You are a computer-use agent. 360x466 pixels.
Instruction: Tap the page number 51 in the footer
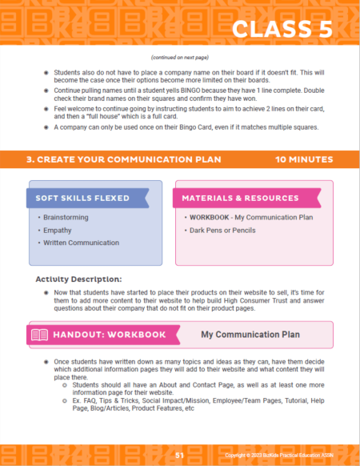pyautogui.click(x=180, y=455)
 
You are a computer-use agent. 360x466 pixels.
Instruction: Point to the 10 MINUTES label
pyautogui.click(x=304, y=159)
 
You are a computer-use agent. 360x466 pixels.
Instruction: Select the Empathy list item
pyautogui.click(x=55, y=230)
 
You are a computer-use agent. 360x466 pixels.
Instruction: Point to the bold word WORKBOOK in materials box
pyautogui.click(x=206, y=217)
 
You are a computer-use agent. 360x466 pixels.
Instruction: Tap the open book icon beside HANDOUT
pyautogui.click(x=39, y=334)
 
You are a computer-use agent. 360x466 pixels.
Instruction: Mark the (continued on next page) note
pyautogui.click(x=179, y=57)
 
